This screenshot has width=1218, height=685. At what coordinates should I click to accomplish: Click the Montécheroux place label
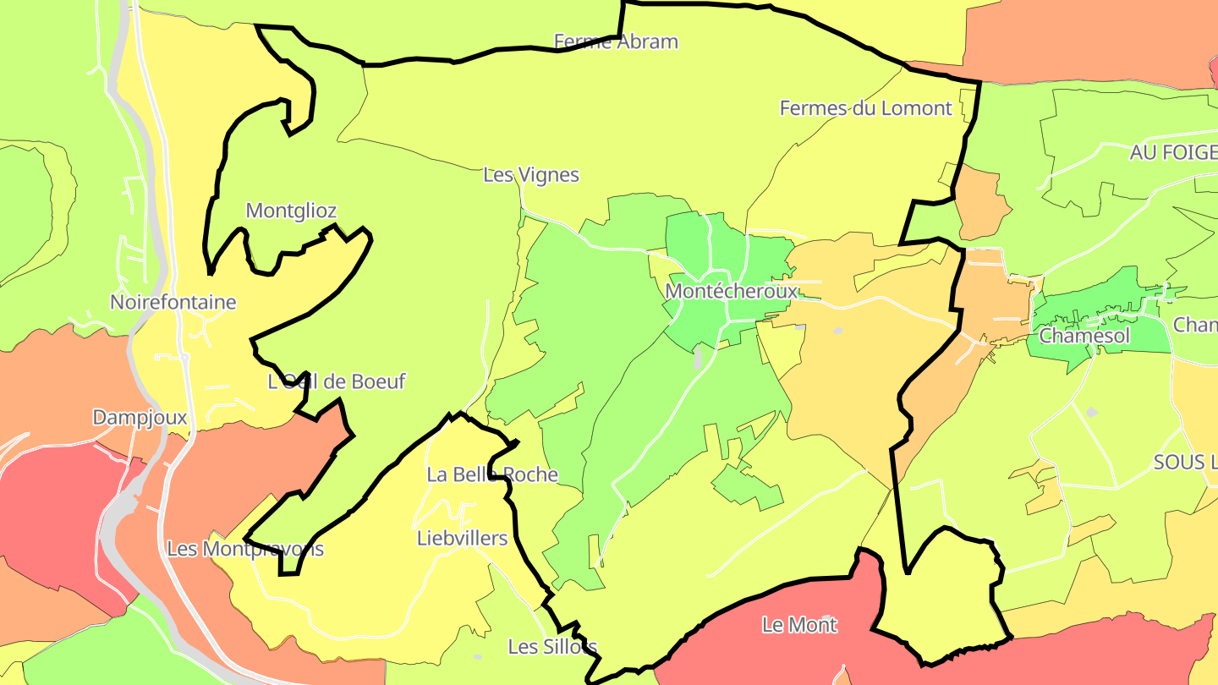[x=731, y=292]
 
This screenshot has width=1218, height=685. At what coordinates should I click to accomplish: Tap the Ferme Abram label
[x=616, y=41]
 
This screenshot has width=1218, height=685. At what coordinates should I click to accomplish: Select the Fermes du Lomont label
[x=865, y=108]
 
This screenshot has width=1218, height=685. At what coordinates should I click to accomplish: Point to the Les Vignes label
[x=531, y=175]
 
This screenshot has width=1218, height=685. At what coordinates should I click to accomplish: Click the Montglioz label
[x=291, y=211]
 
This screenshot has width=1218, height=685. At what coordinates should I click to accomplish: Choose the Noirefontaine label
[x=173, y=302]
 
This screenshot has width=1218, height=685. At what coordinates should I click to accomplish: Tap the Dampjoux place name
[x=140, y=417]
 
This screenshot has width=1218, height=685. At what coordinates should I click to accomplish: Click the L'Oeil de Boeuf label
[x=337, y=381]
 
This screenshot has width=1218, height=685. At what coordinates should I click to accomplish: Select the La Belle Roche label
[x=492, y=474]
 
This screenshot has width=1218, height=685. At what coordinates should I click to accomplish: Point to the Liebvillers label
[x=463, y=539]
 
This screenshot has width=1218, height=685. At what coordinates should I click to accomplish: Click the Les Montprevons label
[x=245, y=549]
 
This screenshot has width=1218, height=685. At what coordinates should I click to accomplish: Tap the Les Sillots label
[x=552, y=647]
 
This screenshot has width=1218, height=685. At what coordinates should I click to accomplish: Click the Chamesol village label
[x=1084, y=336]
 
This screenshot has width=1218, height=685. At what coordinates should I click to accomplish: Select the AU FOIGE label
[x=1173, y=152]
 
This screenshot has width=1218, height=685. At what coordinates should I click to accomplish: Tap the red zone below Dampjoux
[x=51, y=507]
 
